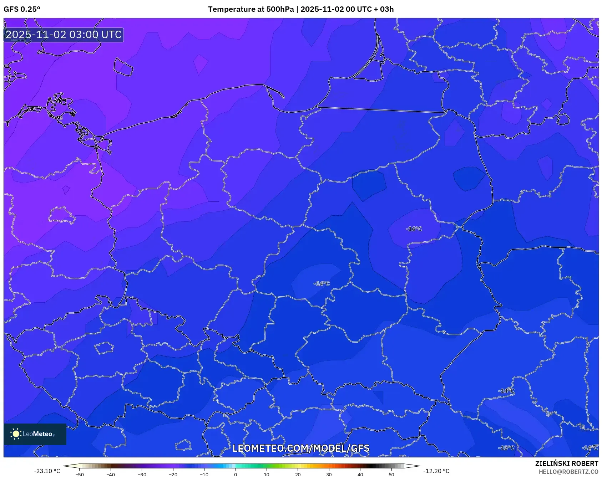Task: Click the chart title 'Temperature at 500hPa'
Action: (x=251, y=9)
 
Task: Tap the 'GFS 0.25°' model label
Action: (x=22, y=9)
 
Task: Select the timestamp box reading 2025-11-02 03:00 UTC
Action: (x=64, y=35)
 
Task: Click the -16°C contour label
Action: (x=414, y=229)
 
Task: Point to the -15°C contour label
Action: (x=506, y=448)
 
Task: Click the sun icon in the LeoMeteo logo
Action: (x=16, y=434)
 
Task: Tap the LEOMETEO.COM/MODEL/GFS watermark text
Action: (x=301, y=448)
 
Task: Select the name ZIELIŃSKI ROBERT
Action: (x=567, y=463)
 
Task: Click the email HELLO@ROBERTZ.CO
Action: (x=568, y=472)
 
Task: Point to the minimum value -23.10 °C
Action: (x=47, y=471)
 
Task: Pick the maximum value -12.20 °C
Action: (x=436, y=471)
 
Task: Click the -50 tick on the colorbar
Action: (x=80, y=475)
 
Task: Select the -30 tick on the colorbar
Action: (x=142, y=475)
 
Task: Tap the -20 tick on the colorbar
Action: (x=173, y=475)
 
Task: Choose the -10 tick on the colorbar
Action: (x=204, y=475)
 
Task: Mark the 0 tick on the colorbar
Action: (x=236, y=475)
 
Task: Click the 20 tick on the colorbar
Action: (x=298, y=475)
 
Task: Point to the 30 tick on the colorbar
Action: (x=329, y=475)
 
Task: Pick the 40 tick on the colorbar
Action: (x=360, y=475)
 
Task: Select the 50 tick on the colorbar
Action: (x=391, y=475)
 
